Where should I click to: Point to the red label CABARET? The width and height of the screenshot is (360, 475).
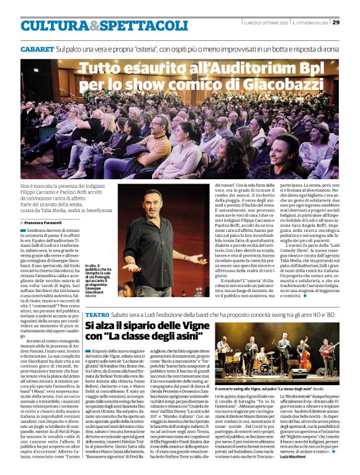click(36, 48)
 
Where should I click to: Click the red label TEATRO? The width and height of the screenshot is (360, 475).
click(97, 315)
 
